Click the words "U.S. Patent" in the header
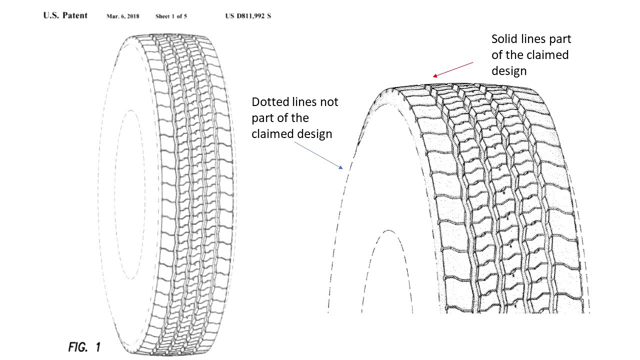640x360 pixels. pyautogui.click(x=65, y=15)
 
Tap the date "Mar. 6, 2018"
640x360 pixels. pyautogui.click(x=123, y=16)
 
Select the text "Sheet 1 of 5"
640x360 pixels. pyautogui.click(x=171, y=16)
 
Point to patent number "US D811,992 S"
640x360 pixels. pyautogui.click(x=248, y=16)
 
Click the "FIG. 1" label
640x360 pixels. pyautogui.click(x=84, y=347)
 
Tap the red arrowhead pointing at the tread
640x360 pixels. pyautogui.click(x=435, y=75)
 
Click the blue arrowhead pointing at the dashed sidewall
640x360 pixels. pyautogui.click(x=340, y=167)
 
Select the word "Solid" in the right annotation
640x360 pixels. pyautogui.click(x=504, y=39)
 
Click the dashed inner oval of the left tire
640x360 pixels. pyautogui.click(x=115, y=194)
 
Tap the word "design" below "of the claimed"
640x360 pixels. pyautogui.click(x=509, y=71)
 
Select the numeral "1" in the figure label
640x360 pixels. pyautogui.click(x=97, y=347)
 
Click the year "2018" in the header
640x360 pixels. pyautogui.click(x=133, y=16)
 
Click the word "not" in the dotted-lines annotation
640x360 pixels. pyautogui.click(x=329, y=102)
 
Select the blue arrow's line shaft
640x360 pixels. pyautogui.click(x=317, y=154)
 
